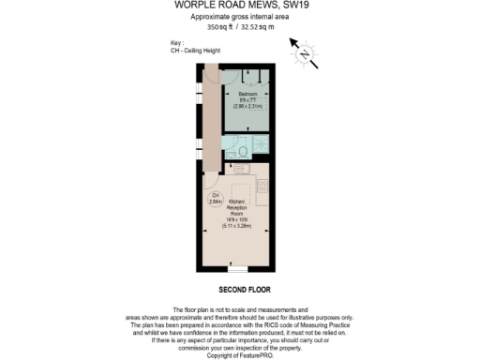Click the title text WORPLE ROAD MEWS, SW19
pos(239,6)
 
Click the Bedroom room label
pos(247,96)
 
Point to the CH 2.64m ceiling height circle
pos(214,199)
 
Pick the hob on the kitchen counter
pos(262,187)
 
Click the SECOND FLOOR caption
pos(239,289)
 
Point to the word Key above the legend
pos(176,43)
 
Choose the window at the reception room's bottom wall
pos(240,268)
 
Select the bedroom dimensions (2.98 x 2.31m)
pos(247,108)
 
